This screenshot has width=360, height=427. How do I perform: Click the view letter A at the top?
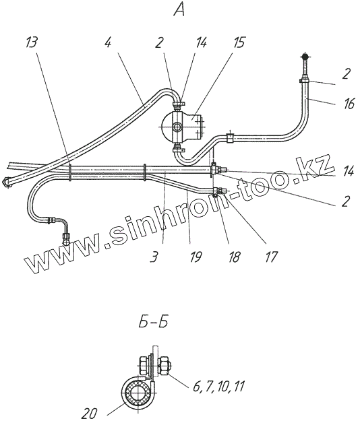pos(180,10)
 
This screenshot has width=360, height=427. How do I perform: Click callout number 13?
pos(32,42)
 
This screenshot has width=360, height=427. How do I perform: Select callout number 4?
pos(108,42)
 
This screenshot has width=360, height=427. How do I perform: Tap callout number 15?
pos(239,42)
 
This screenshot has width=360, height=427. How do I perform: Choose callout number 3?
pos(154,257)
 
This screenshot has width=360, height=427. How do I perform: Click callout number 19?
pos(196,257)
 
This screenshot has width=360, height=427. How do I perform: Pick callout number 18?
pos(234,257)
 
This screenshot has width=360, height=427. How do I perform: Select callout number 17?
pos(271,257)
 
